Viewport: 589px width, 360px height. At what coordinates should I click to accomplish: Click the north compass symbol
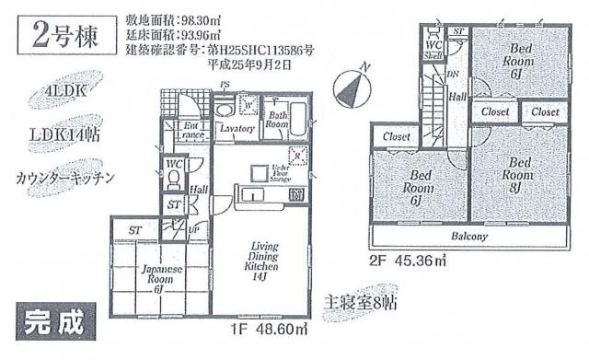pyautogui.click(x=353, y=87)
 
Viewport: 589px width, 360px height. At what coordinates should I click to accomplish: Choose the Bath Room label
pyautogui.click(x=278, y=118)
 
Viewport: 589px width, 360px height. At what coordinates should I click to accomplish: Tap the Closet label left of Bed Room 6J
pyautogui.click(x=396, y=138)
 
